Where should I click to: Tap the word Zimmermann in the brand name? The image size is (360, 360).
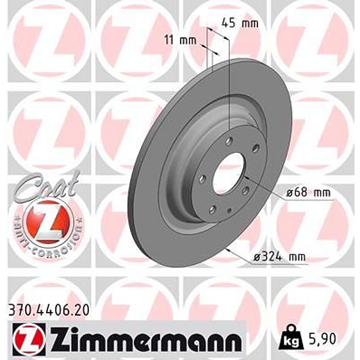143,339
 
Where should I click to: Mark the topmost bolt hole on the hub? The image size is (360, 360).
230,142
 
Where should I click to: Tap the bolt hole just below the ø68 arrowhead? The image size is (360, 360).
245,191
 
